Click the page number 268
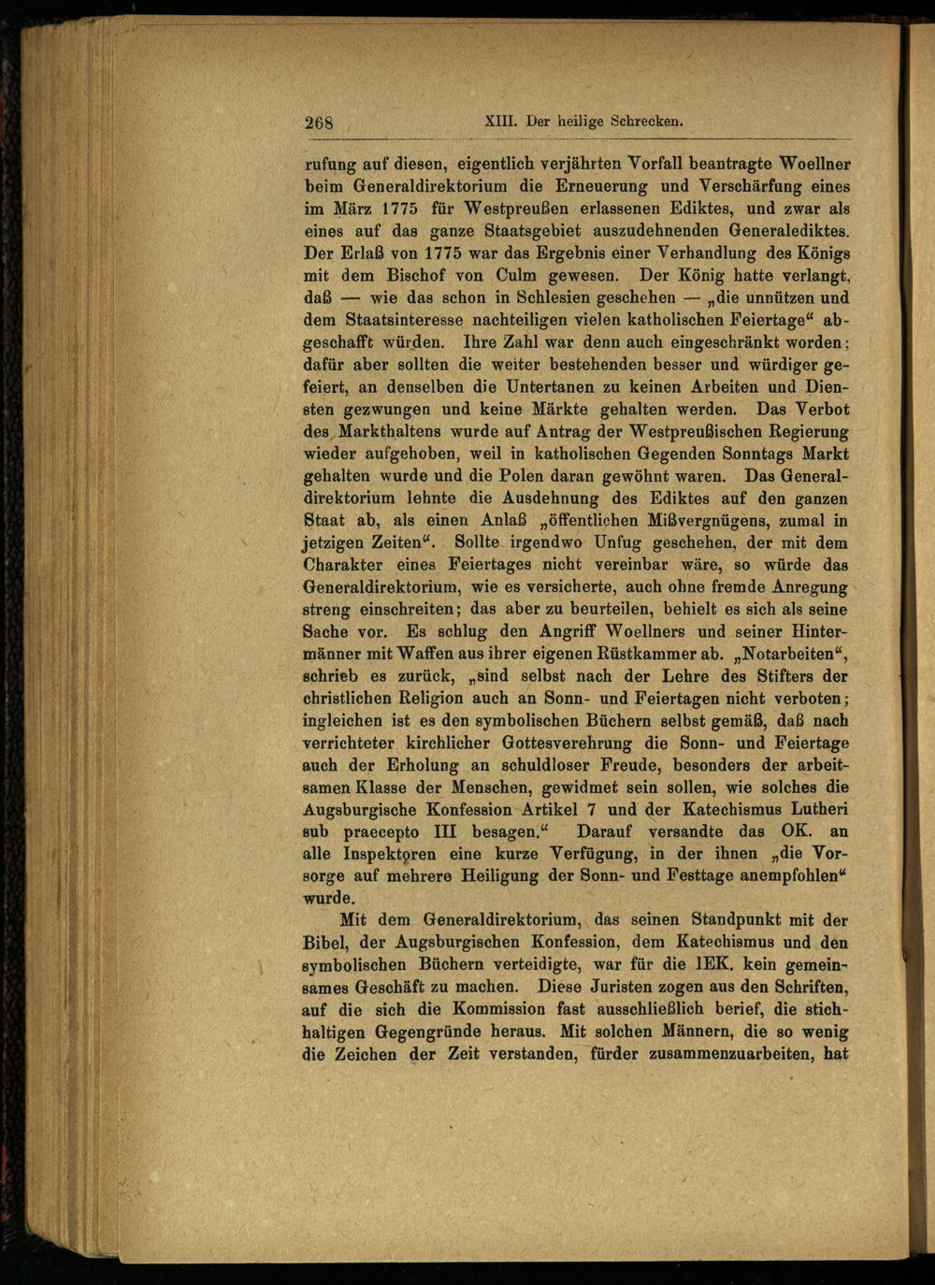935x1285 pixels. (x=319, y=123)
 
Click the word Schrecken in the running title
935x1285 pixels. (x=646, y=121)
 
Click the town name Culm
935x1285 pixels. (x=516, y=276)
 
